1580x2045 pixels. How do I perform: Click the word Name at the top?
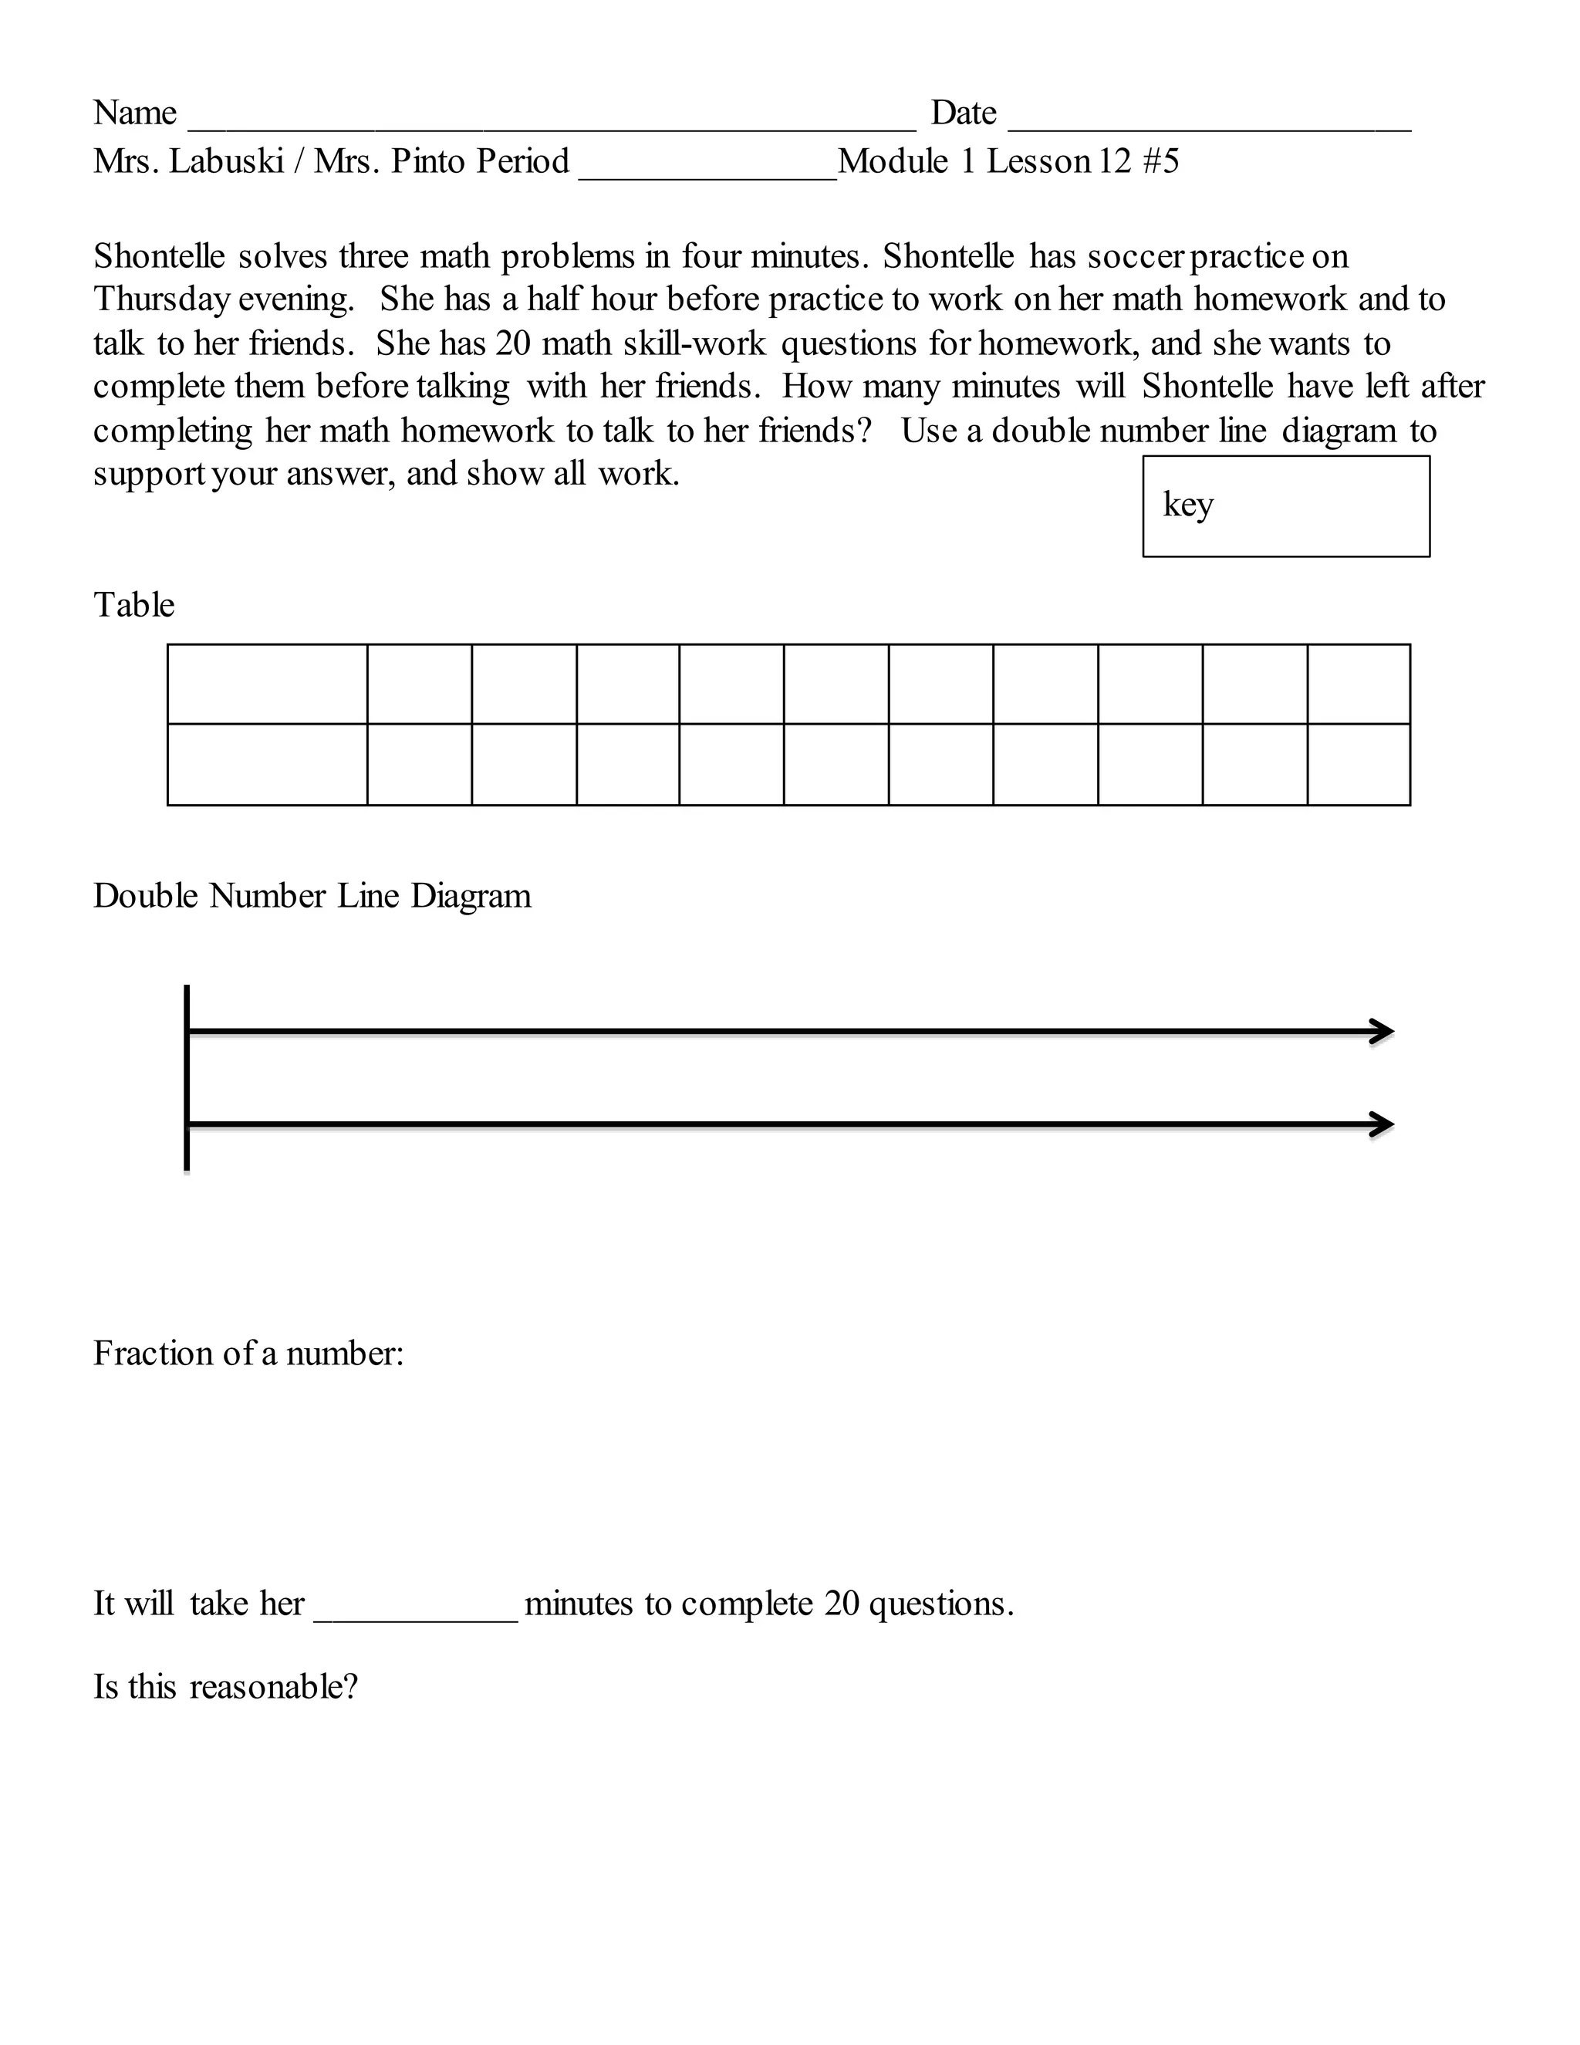[135, 113]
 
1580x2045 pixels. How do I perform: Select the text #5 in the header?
[1160, 161]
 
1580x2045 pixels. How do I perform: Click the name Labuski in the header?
[227, 161]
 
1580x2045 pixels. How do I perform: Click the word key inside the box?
[1188, 505]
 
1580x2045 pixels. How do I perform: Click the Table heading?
[133, 605]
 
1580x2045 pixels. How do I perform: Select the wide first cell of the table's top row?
[268, 684]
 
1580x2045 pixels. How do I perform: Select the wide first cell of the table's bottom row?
[268, 764]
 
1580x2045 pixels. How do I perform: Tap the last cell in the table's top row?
[1358, 684]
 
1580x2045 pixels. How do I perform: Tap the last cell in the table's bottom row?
[1358, 764]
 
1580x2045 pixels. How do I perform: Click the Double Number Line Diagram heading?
[312, 896]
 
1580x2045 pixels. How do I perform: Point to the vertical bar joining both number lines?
[187, 1077]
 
